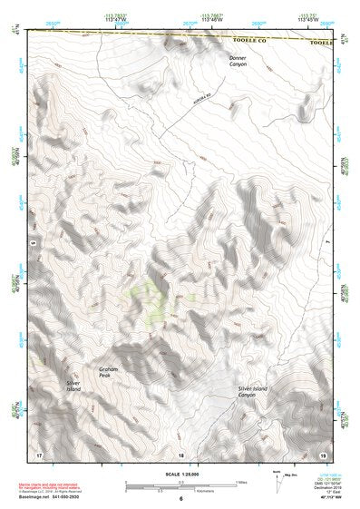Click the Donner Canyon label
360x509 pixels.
[x=237, y=61]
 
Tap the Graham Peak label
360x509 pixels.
[x=110, y=372]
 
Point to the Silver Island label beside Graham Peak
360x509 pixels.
[x=74, y=387]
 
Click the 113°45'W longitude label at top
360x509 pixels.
[x=308, y=18]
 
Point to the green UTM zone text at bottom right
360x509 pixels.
[x=326, y=475]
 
